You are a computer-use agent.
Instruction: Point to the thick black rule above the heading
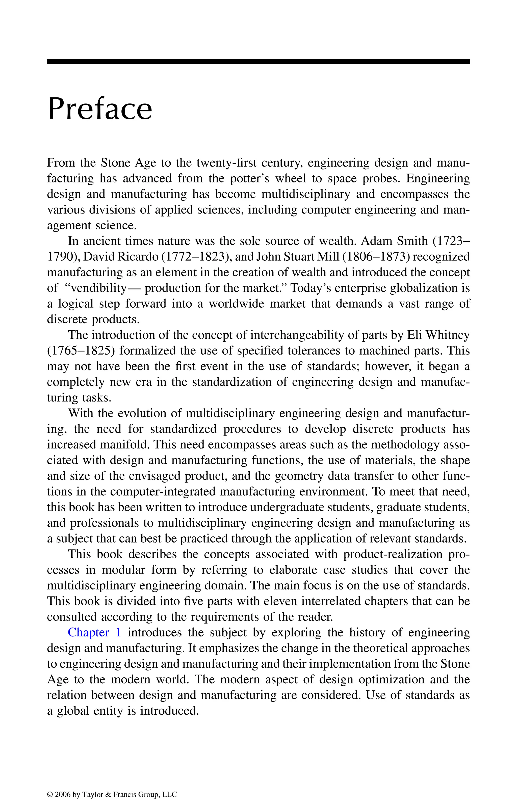(258, 62)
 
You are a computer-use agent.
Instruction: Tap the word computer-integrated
(163, 492)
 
